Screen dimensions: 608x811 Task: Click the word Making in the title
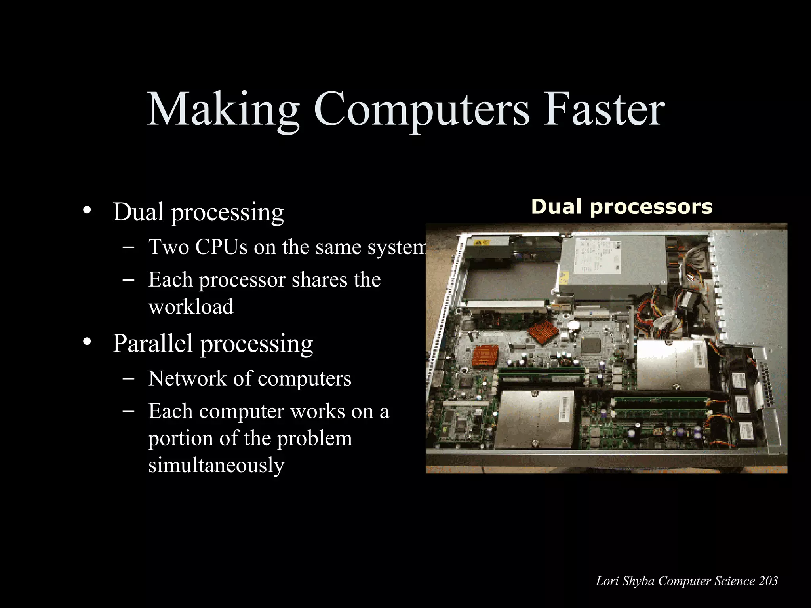click(x=223, y=109)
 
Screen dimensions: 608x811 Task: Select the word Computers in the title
click(x=421, y=110)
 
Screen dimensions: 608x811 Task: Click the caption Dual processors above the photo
click(x=622, y=207)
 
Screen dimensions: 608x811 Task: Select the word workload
click(x=191, y=306)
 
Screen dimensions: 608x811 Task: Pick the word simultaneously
click(x=216, y=465)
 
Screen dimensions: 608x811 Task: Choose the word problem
click(x=314, y=438)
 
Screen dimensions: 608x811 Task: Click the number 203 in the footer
click(x=769, y=581)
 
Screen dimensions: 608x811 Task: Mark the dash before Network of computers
click(x=128, y=378)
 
